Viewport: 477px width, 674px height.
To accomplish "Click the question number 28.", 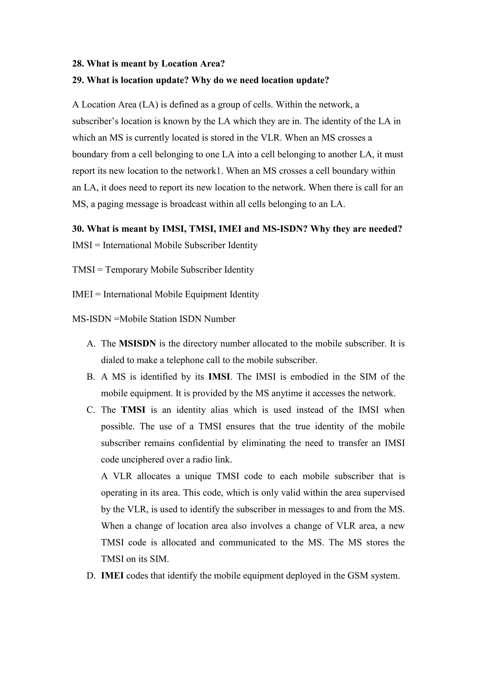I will [78, 64].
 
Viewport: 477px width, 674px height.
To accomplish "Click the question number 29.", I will [78, 80].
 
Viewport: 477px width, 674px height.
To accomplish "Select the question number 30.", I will [78, 229].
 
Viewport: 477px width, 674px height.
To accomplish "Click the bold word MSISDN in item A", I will [137, 344].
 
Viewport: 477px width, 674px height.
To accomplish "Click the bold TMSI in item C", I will [133, 410].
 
